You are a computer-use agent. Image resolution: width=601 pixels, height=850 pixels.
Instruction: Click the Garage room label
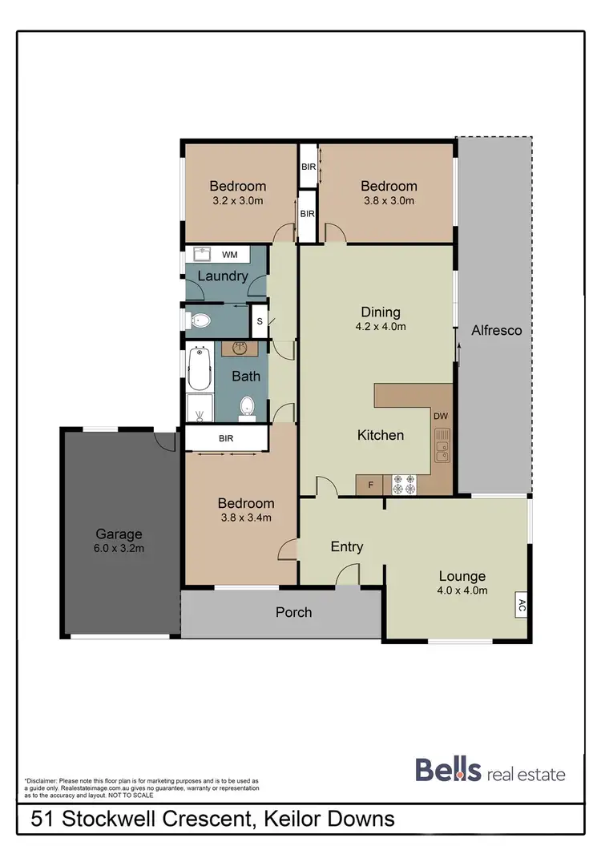click(119, 534)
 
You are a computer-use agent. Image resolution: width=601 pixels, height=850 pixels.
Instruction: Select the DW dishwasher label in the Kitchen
click(440, 416)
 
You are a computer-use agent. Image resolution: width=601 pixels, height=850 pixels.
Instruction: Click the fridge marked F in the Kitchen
click(369, 485)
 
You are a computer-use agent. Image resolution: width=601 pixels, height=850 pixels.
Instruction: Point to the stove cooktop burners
click(405, 484)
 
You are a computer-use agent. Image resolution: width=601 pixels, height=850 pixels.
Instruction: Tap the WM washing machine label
click(229, 255)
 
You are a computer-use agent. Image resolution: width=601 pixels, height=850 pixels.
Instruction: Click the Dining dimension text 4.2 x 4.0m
click(381, 327)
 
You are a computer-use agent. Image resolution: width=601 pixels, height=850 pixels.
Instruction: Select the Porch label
click(293, 612)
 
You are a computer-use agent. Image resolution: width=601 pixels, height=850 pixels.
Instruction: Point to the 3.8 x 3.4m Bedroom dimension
click(245, 518)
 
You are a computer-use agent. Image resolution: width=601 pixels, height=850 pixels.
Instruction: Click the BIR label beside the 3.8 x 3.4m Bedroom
click(226, 439)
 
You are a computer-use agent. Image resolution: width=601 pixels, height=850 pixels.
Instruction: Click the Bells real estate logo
click(490, 771)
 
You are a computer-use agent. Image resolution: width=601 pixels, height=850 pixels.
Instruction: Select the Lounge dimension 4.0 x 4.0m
click(462, 591)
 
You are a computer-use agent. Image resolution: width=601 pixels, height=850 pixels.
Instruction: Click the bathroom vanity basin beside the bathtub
click(240, 349)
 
